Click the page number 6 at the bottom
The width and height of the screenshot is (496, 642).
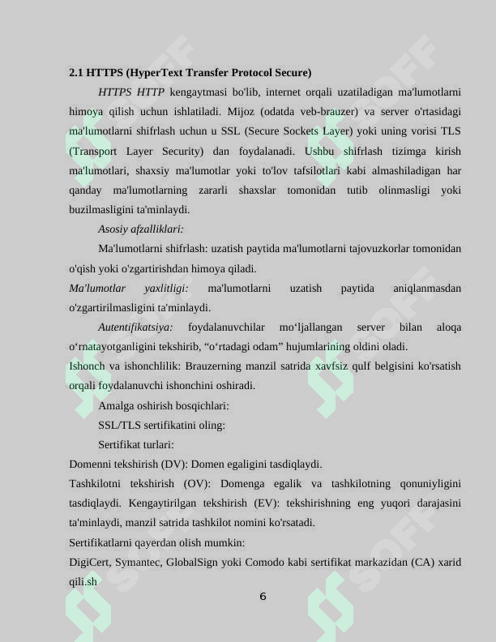(x=263, y=597)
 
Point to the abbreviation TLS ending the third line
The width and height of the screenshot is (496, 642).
(x=451, y=131)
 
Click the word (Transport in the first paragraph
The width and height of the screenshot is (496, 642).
(x=93, y=151)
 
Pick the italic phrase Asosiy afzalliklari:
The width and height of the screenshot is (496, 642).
(x=141, y=229)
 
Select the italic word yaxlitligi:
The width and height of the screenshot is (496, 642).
(x=166, y=289)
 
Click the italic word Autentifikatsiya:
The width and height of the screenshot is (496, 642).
(x=135, y=327)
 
